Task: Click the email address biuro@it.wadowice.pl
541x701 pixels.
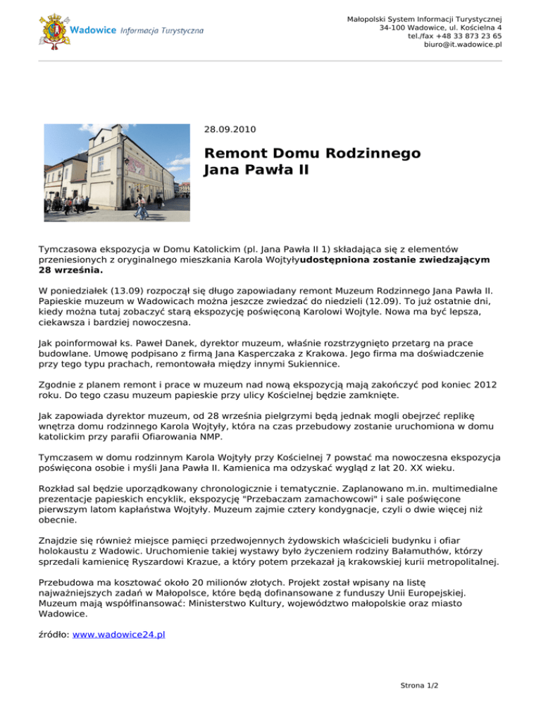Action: click(x=463, y=45)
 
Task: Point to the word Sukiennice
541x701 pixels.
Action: click(x=311, y=365)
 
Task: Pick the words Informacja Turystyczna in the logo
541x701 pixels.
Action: click(x=162, y=32)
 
